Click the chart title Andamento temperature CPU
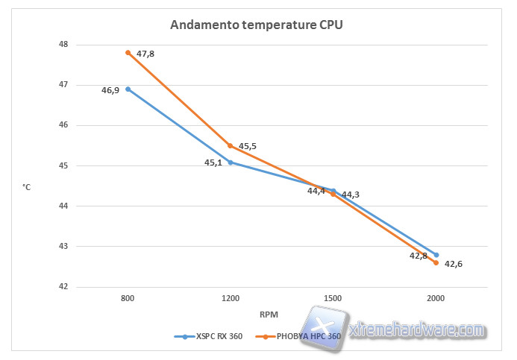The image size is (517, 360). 256,25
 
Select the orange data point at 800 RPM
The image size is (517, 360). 128,52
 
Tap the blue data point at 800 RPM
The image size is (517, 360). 128,89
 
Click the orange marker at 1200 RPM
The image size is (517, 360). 231,145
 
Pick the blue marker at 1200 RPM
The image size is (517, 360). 231,162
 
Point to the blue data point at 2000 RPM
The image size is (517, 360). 436,255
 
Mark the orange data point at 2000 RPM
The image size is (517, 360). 436,262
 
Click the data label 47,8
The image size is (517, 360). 145,54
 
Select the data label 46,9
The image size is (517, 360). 110,89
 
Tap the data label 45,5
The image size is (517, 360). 248,146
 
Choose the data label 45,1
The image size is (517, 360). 213,162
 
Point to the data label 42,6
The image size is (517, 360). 454,264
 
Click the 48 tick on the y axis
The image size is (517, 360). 62,44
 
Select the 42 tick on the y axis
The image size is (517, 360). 62,286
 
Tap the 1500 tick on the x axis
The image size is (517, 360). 333,299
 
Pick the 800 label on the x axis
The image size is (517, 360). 128,299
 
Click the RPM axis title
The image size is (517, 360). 269,314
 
